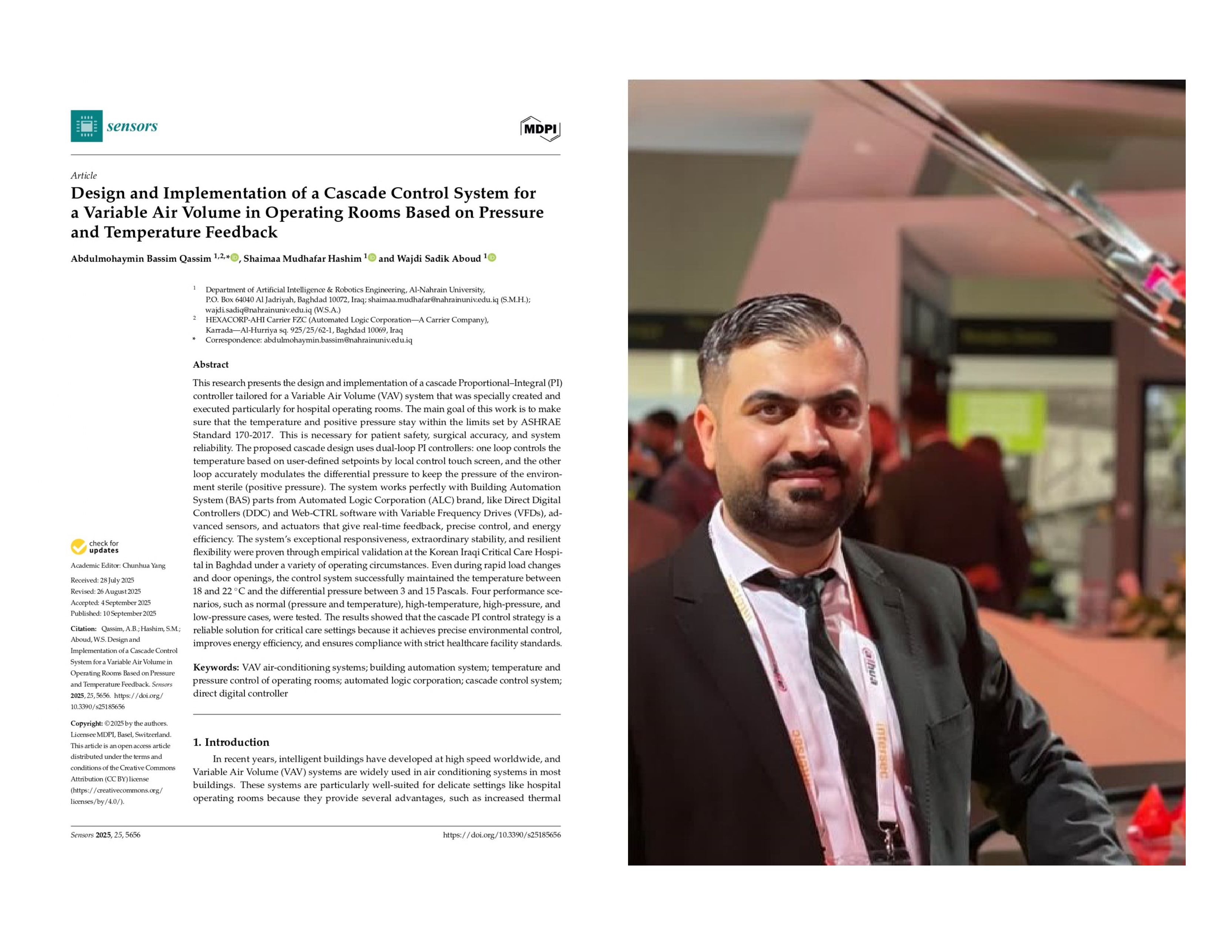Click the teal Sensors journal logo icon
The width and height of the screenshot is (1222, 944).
pyautogui.click(x=86, y=126)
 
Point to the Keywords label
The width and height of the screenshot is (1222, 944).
pyautogui.click(x=216, y=667)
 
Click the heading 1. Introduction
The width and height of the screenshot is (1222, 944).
pyautogui.click(x=231, y=742)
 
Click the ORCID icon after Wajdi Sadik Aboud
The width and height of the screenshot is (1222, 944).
pyautogui.click(x=492, y=258)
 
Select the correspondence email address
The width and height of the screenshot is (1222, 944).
pyautogui.click(x=338, y=340)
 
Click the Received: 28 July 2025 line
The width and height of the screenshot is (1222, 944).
pyautogui.click(x=103, y=580)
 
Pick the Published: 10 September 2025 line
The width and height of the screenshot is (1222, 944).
pyautogui.click(x=114, y=613)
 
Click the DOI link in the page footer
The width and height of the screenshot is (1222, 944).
pyautogui.click(x=501, y=835)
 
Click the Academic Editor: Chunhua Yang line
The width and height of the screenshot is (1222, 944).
pyautogui.click(x=118, y=565)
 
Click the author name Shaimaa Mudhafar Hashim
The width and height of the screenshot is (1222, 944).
pyautogui.click(x=302, y=259)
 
